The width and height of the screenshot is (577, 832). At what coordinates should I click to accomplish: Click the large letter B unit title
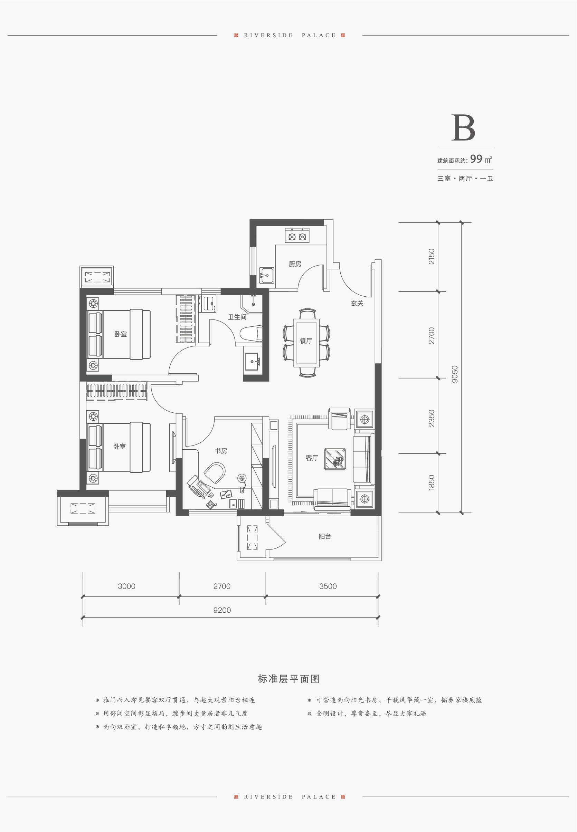pos(463,127)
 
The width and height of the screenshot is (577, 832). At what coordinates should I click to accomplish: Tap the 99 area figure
pos(476,159)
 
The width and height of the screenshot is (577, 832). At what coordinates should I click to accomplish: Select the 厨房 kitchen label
pos(295,264)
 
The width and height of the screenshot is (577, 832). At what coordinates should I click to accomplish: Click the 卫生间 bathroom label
pos(237,317)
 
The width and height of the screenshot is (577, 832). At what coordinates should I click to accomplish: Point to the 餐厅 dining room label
pos(306,341)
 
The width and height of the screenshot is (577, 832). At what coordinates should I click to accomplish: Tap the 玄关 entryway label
pos(357,303)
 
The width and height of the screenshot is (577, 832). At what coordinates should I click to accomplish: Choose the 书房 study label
pos(221,451)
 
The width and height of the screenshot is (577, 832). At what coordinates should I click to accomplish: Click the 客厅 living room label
pos(312,458)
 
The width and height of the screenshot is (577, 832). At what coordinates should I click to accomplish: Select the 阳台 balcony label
pos(325,537)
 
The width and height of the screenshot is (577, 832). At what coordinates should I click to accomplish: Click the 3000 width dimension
pos(126,586)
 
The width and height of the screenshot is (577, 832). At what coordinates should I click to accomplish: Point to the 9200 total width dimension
pos(222,610)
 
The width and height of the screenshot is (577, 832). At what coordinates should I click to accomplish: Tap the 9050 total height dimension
pos(455,374)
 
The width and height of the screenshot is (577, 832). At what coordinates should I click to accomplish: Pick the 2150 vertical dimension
pos(432,256)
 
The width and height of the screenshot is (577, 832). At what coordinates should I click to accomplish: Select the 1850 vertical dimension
pos(432,482)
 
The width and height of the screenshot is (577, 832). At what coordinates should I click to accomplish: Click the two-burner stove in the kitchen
pos(297,235)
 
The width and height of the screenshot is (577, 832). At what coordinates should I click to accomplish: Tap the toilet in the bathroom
pos(251,334)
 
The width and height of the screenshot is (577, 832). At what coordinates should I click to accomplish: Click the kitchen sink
pos(266,275)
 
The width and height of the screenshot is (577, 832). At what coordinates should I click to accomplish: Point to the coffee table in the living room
pos(335,459)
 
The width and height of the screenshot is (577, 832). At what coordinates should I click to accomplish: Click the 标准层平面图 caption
pos(288,679)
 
